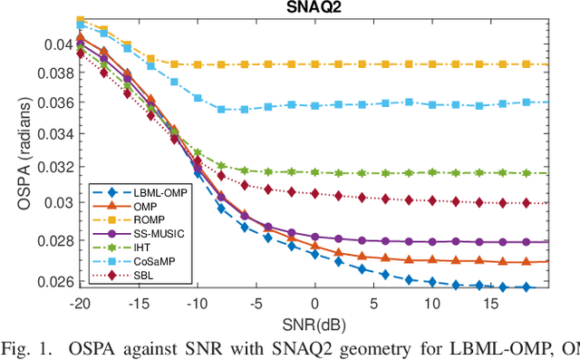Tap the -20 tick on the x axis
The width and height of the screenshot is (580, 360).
[80, 303]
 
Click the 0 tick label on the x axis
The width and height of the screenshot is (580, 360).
[314, 303]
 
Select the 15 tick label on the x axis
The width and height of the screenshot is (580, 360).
[490, 303]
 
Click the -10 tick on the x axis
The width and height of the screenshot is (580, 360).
[197, 303]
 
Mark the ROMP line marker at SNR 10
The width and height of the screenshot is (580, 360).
[431, 64]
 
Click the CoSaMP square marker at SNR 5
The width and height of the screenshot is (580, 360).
[373, 105]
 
